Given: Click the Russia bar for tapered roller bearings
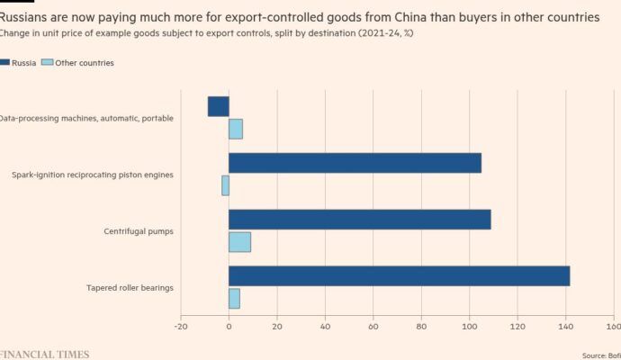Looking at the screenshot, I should pyautogui.click(x=399, y=276).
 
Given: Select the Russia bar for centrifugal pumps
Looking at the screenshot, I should pyautogui.click(x=359, y=220).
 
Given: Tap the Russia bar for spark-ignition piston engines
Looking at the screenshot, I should pyautogui.click(x=355, y=163).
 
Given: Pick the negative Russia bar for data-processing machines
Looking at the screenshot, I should pyautogui.click(x=219, y=106).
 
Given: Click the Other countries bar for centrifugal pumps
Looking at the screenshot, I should pyautogui.click(x=239, y=242).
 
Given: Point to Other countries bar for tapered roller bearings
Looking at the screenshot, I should pyautogui.click(x=234, y=299).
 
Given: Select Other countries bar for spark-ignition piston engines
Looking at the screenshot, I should pyautogui.click(x=225, y=185).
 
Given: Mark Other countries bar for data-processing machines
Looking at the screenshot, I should pyautogui.click(x=236, y=129).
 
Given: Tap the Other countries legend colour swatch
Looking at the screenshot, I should pyautogui.click(x=49, y=63).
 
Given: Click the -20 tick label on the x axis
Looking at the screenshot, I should pyautogui.click(x=181, y=328).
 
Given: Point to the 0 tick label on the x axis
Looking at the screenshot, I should pyautogui.click(x=229, y=328).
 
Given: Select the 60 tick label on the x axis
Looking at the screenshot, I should pyautogui.click(x=373, y=328).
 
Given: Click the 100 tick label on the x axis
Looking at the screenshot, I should pyautogui.click(x=468, y=328).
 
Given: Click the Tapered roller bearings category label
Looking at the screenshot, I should pyautogui.click(x=130, y=288).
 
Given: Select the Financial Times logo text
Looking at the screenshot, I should pyautogui.click(x=45, y=354).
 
